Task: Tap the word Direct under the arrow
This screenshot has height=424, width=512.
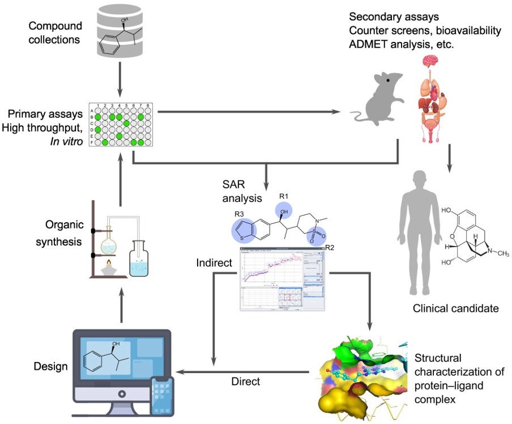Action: tap(246, 381)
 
